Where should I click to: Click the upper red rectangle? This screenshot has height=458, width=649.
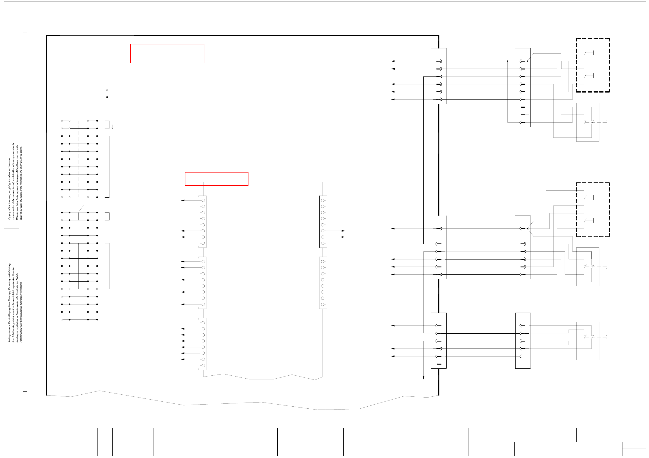click(167, 53)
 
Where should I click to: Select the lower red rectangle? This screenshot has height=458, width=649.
click(216, 179)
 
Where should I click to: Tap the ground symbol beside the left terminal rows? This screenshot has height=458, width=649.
click(112, 127)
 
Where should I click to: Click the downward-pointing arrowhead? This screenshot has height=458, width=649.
click(423, 377)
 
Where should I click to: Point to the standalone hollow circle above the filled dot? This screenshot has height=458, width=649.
click(107, 90)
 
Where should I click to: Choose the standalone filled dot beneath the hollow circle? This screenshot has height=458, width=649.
click(107, 97)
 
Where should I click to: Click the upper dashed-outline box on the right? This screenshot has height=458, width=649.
click(593, 65)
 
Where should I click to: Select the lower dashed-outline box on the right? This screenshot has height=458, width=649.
click(593, 209)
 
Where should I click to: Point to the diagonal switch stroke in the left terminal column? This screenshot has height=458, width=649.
click(81, 209)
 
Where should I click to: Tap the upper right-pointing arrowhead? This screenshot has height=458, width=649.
click(343, 231)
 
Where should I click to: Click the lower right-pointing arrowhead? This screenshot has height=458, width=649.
click(343, 237)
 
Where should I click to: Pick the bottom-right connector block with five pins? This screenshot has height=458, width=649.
click(523, 340)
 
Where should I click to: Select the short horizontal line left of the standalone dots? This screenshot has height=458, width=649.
click(80, 96)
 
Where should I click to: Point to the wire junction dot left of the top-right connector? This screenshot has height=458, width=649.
click(507, 61)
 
